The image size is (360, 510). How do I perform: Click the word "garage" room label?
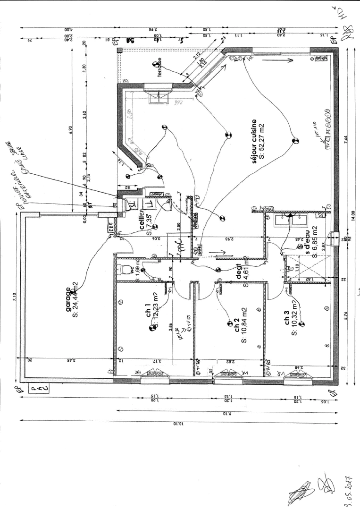tap(69, 297)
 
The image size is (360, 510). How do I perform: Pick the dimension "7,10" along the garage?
tap(15, 296)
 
